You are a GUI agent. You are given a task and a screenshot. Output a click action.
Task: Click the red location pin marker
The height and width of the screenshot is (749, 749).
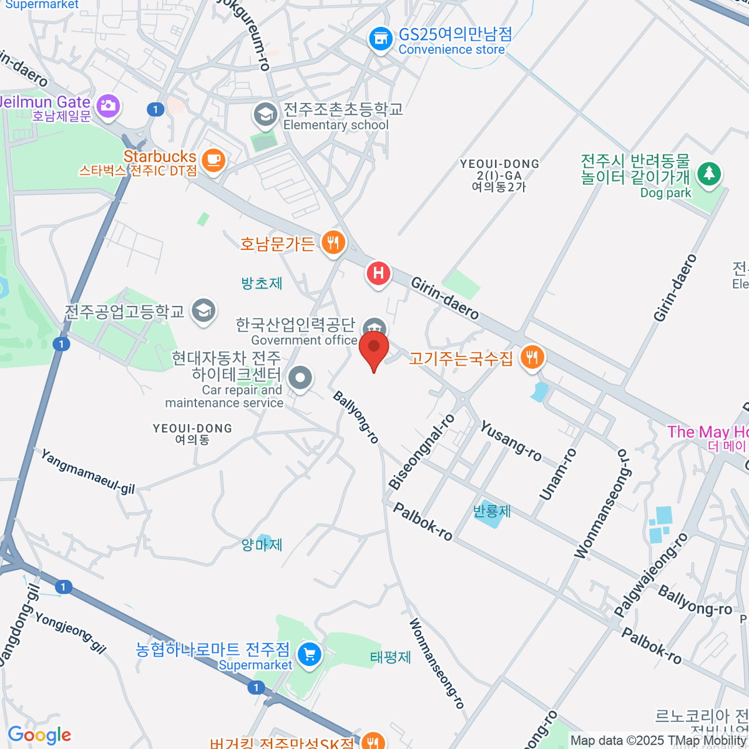374,348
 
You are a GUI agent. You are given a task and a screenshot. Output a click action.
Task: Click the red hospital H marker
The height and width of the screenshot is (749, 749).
378,273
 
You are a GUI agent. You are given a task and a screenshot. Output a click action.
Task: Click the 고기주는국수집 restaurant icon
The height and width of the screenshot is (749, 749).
531,358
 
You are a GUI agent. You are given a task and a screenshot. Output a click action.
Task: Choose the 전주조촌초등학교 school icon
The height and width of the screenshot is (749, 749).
265,114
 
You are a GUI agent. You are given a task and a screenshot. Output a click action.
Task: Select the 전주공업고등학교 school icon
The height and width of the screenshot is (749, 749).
203,310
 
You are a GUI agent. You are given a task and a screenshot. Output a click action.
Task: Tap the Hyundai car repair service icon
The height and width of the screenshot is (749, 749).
301,378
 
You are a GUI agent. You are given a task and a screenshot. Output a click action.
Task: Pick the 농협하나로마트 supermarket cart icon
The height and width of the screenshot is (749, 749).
309,655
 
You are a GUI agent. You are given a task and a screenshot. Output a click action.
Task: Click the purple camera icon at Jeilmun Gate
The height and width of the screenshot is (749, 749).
108,105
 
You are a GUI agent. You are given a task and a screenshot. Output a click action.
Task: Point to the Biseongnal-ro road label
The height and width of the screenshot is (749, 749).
421,451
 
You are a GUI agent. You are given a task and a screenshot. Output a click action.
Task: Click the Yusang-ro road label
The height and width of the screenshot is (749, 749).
511,441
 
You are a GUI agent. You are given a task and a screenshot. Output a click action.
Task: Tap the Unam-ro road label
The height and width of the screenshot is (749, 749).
558,474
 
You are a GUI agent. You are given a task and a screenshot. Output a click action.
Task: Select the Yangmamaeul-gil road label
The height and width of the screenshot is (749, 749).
87,471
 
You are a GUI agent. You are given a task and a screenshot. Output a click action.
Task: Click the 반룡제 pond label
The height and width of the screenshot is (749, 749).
492,511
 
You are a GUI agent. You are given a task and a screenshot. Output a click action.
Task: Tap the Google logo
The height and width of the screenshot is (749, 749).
39,735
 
